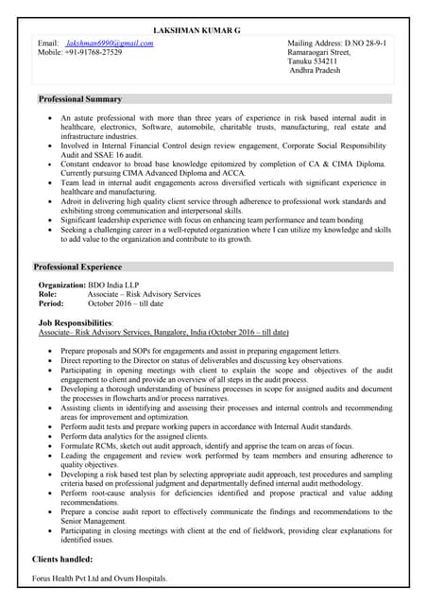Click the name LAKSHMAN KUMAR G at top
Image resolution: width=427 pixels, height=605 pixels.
pos(196,31)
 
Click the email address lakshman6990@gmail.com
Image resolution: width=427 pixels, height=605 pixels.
pos(109,43)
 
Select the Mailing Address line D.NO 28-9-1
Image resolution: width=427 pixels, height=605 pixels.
pos(336,43)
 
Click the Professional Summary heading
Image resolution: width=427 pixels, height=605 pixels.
pos(79,99)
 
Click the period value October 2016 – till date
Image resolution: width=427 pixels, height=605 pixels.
pos(125,303)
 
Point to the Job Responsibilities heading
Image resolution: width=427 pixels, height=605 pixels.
pos(76,323)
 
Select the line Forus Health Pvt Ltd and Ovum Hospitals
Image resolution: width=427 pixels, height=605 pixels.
pos(99,578)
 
